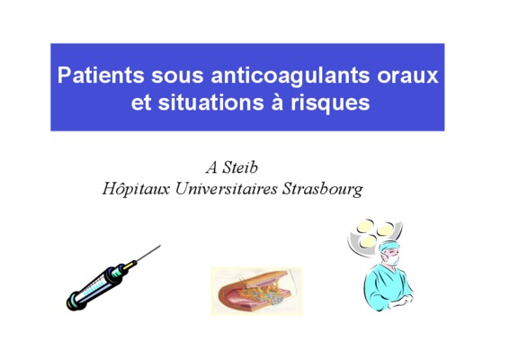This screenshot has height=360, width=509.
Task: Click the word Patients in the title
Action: click(x=101, y=76)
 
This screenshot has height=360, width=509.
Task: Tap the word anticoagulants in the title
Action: click(x=290, y=76)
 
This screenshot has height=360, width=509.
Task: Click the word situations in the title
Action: click(x=211, y=103)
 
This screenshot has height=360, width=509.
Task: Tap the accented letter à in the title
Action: click(x=277, y=103)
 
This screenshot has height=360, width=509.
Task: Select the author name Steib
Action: click(x=240, y=167)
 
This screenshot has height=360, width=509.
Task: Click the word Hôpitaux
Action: click(x=136, y=188)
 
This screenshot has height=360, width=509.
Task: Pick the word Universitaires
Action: click(x=227, y=189)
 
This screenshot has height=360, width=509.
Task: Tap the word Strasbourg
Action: click(x=322, y=189)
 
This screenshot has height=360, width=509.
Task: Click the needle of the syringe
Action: click(x=148, y=253)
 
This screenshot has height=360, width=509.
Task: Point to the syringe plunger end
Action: click(x=74, y=301)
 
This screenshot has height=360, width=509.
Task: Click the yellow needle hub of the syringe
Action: click(x=129, y=265)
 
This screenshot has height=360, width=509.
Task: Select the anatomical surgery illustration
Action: click(x=256, y=291)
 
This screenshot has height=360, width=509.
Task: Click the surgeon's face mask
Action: click(x=393, y=260)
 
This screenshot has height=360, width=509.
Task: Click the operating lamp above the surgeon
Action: click(x=374, y=234)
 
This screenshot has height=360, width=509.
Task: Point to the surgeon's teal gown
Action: click(x=387, y=286)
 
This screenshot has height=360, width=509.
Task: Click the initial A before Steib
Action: click(x=211, y=167)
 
